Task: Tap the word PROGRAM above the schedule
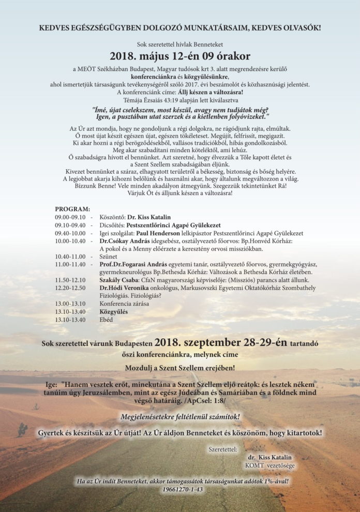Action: pos(72,208)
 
